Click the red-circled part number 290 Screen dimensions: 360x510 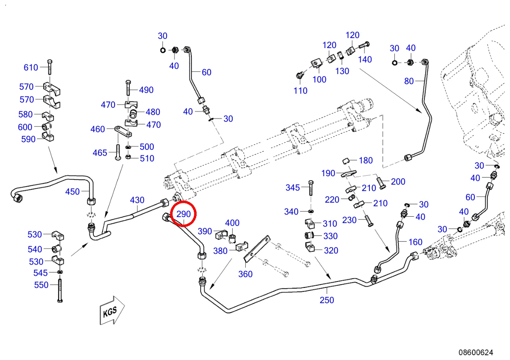pyautogui.click(x=184, y=214)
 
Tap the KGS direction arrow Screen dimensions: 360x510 pyautogui.click(x=112, y=310)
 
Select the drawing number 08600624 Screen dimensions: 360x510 pyautogui.click(x=476, y=352)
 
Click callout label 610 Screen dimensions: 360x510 pyautogui.click(x=31, y=67)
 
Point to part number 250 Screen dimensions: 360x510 pyautogui.click(x=327, y=300)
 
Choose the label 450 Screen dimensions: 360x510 pyautogui.click(x=72, y=191)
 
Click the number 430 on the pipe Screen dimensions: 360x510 pyautogui.click(x=137, y=200)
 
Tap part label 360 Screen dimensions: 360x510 pyautogui.click(x=245, y=274)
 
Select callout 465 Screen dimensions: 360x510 pyautogui.click(x=100, y=153)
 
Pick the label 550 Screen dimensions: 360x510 pyautogui.click(x=41, y=285)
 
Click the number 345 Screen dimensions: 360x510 pyautogui.click(x=293, y=187)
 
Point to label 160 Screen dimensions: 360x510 pyautogui.click(x=415, y=242)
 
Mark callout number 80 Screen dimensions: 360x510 pyautogui.click(x=409, y=81)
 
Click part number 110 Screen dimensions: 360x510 pyautogui.click(x=300, y=91)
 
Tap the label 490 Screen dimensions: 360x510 pyautogui.click(x=146, y=90)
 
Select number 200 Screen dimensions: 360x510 pyautogui.click(x=398, y=181)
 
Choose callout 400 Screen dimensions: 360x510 pyautogui.click(x=232, y=223)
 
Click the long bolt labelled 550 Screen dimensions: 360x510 pyautogui.click(x=60, y=291)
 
